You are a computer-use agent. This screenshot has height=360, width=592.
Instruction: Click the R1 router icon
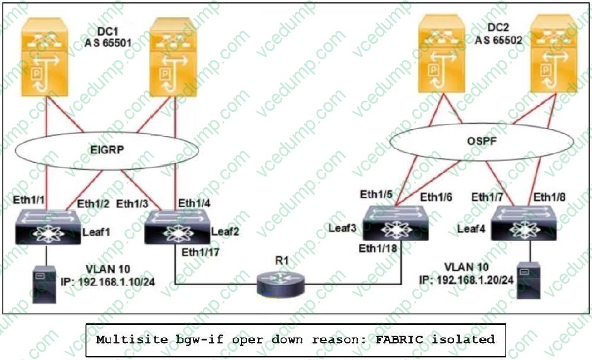[281, 283]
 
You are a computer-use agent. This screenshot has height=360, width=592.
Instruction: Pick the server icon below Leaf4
[528, 279]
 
